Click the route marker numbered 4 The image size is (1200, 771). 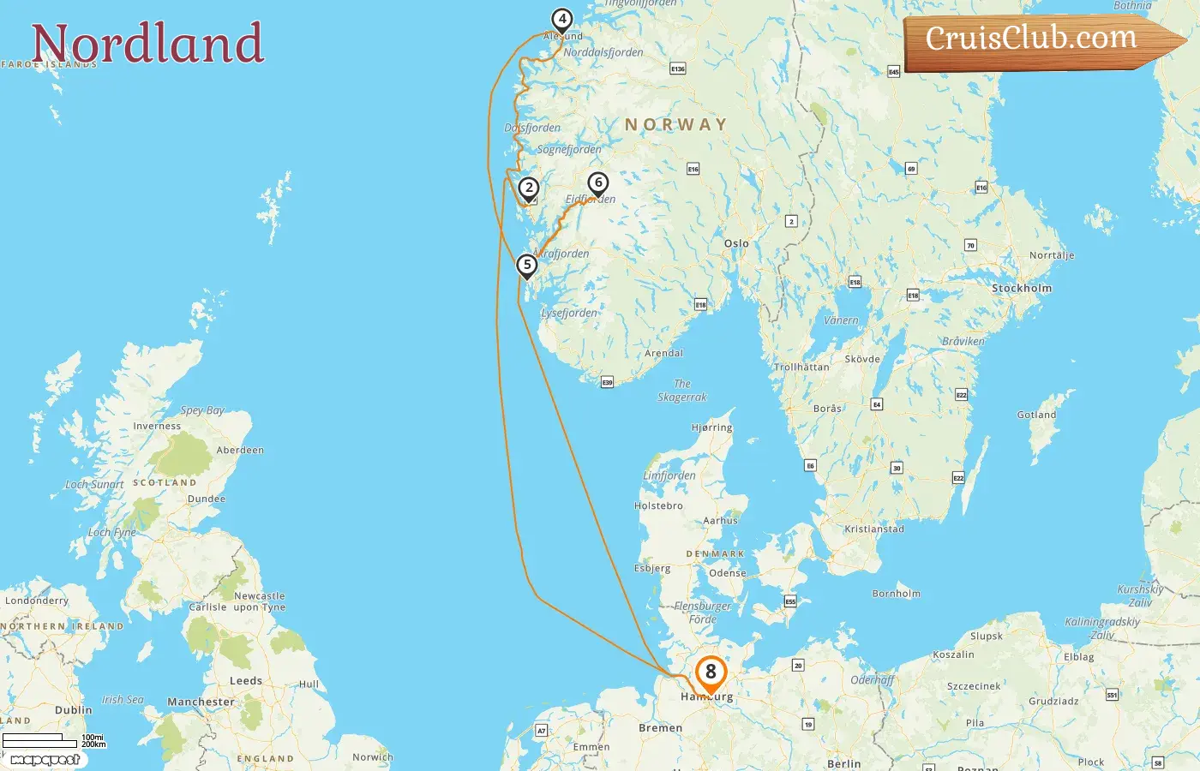pyautogui.click(x=561, y=19)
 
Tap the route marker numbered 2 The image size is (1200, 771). pyautogui.click(x=529, y=188)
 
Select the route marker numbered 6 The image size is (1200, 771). pyautogui.click(x=597, y=182)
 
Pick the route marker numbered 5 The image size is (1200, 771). pyautogui.click(x=526, y=265)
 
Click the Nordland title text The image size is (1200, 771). pyautogui.click(x=147, y=45)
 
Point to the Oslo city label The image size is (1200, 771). pyautogui.click(x=736, y=243)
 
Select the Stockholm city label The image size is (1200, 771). pyautogui.click(x=1021, y=288)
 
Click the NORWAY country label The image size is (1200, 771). pyautogui.click(x=675, y=124)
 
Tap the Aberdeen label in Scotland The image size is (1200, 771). pyautogui.click(x=240, y=450)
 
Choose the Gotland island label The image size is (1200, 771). pyautogui.click(x=1036, y=415)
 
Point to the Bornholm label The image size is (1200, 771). pyautogui.click(x=896, y=593)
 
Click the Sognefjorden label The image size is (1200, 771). pyautogui.click(x=569, y=149)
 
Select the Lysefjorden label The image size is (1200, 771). pyautogui.click(x=569, y=313)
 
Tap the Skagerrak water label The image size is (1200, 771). pyautogui.click(x=682, y=391)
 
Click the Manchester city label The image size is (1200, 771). pyautogui.click(x=201, y=702)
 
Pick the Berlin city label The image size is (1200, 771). pyautogui.click(x=844, y=763)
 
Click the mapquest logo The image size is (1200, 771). pyautogui.click(x=45, y=759)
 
